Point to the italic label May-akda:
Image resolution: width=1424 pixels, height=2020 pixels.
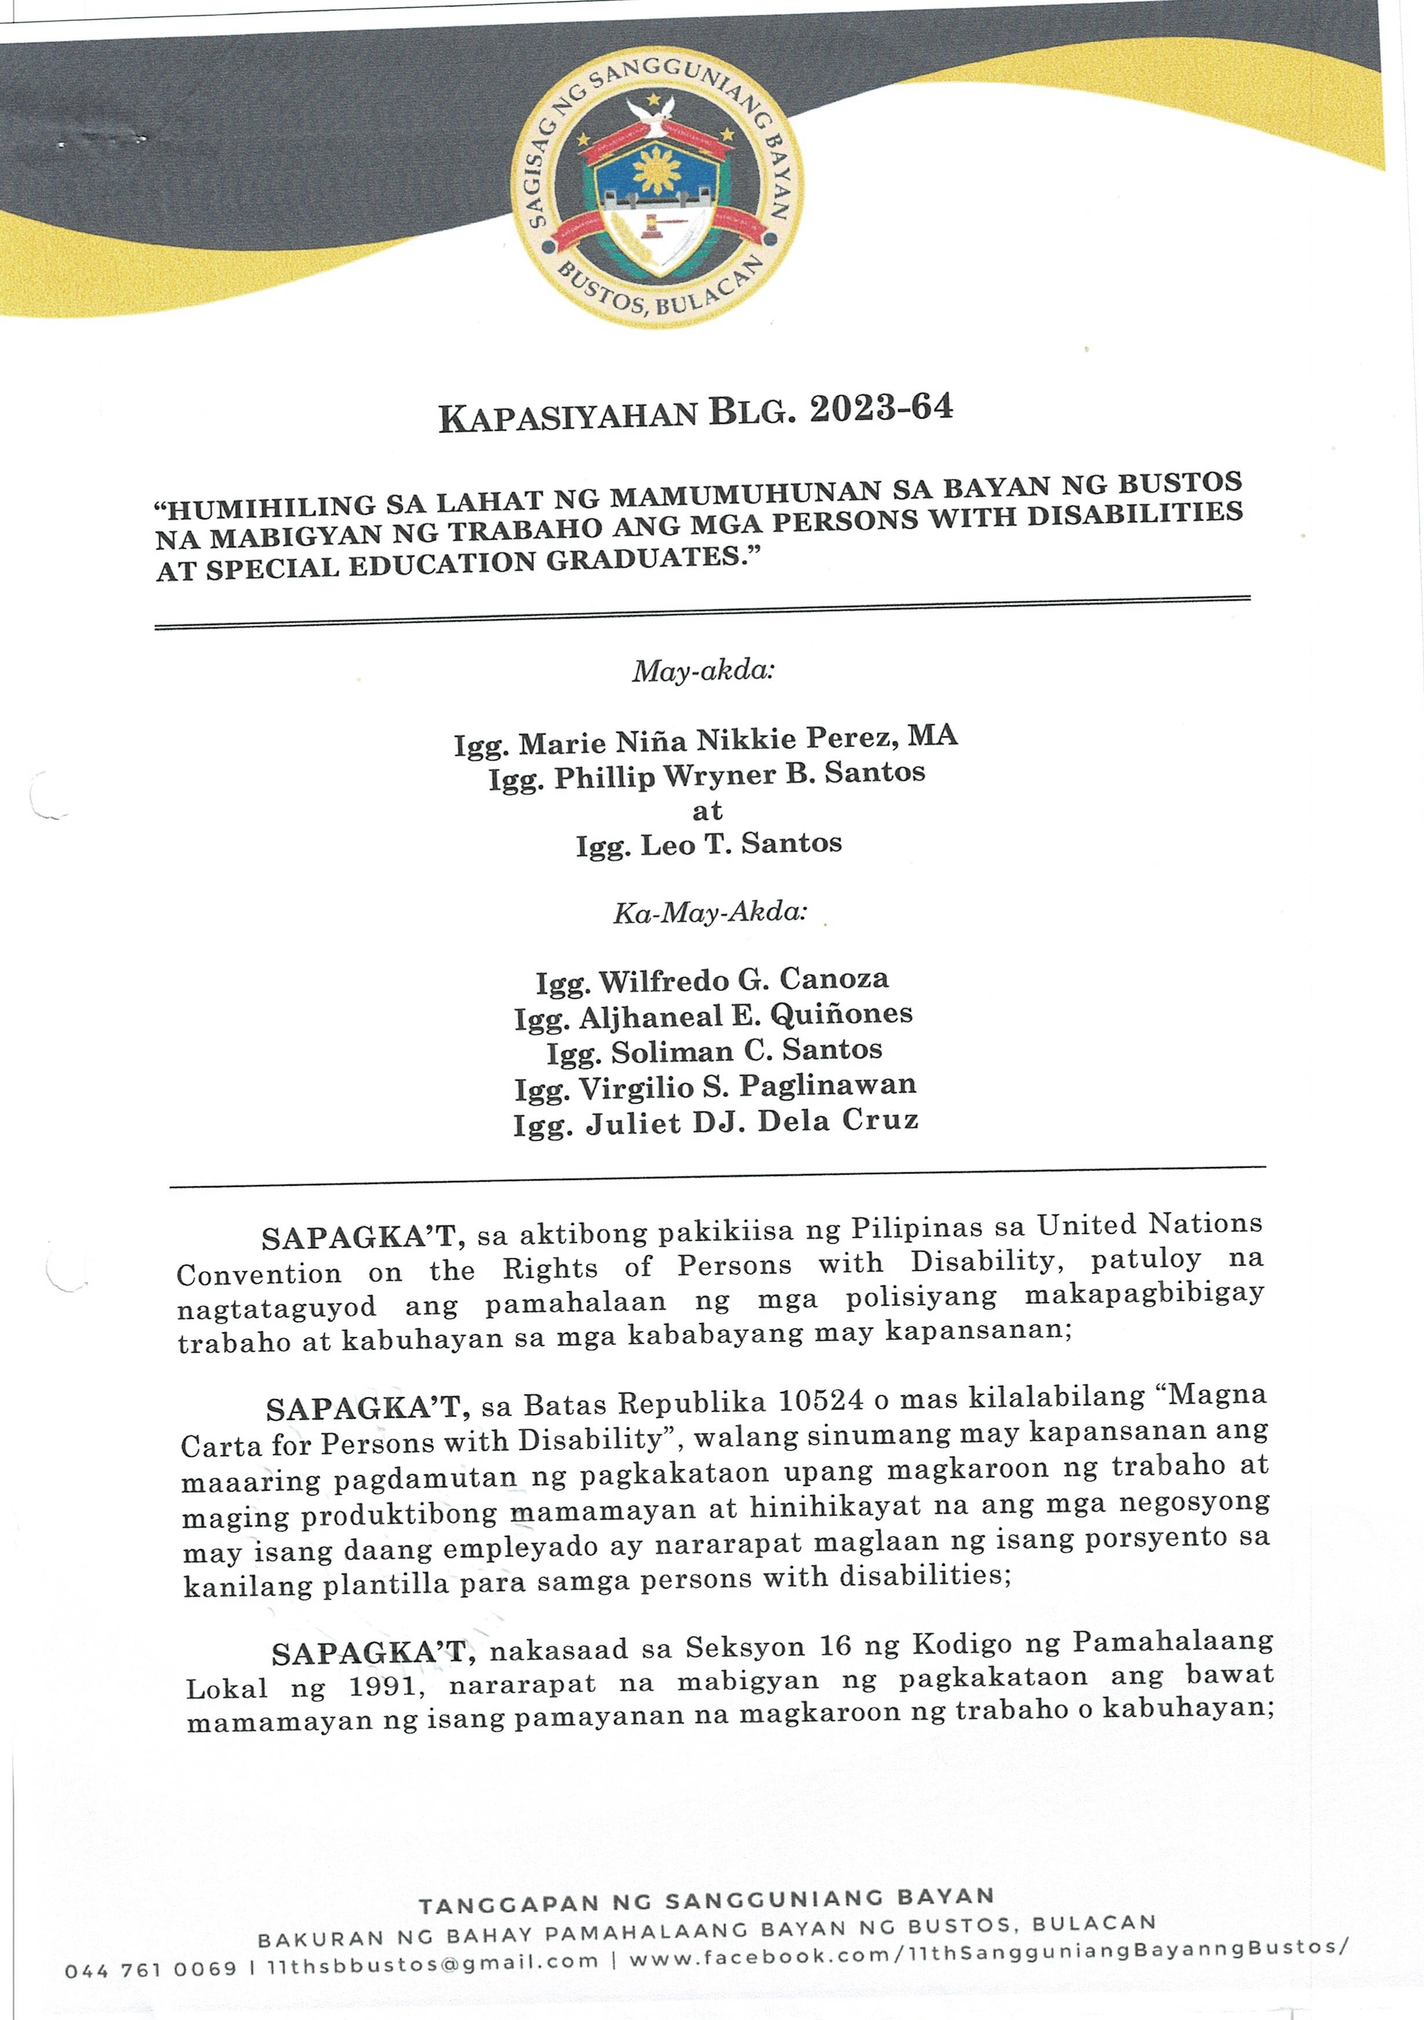pos(703,671)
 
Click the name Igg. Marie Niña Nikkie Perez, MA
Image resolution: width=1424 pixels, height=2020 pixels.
pos(705,739)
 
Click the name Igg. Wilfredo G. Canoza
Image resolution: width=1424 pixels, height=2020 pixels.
pos(712,980)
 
